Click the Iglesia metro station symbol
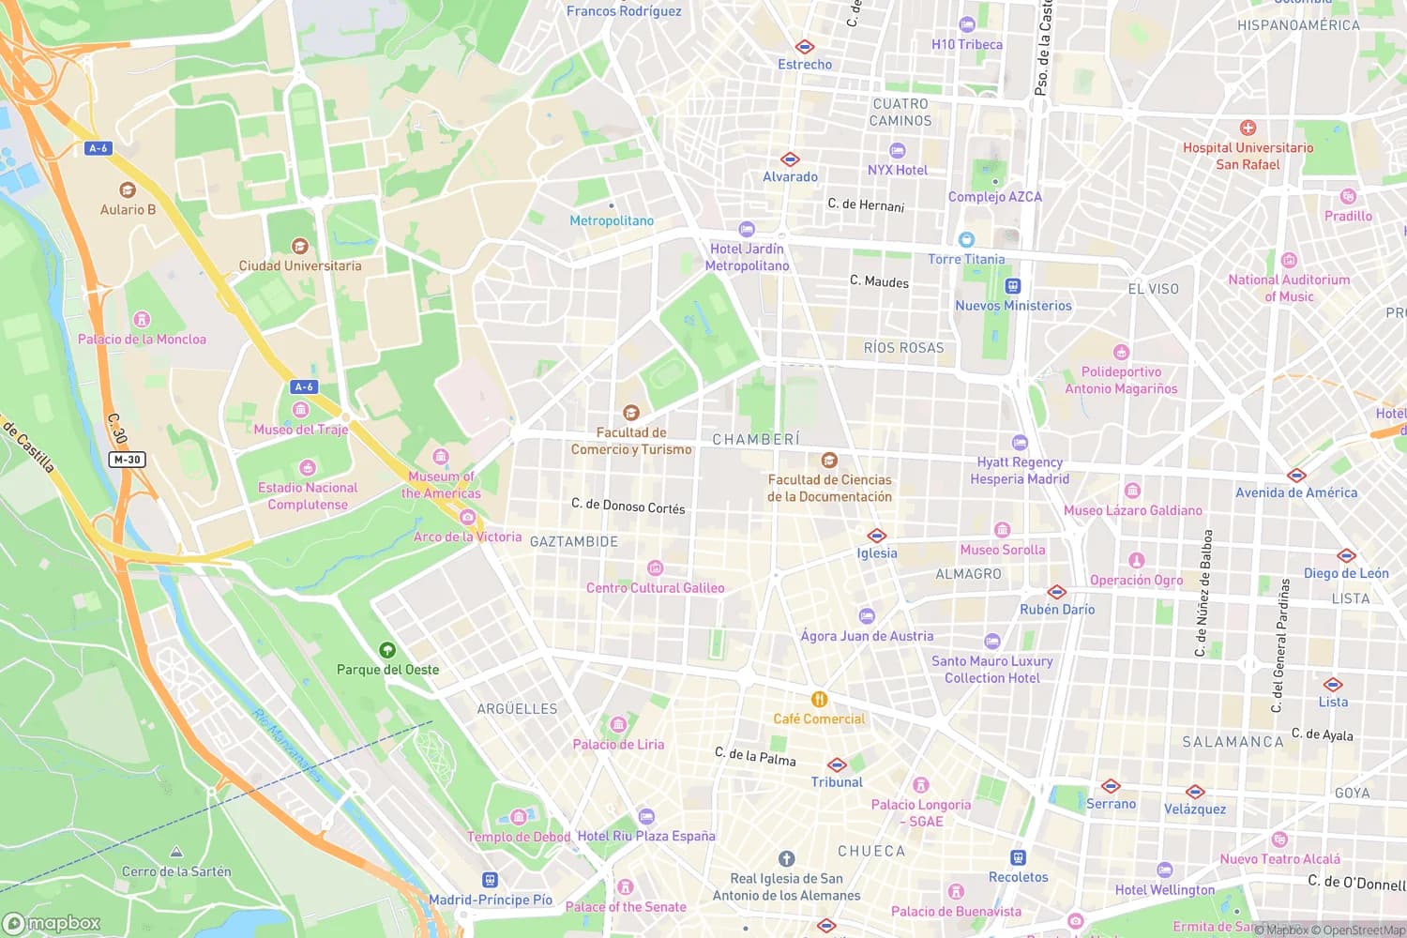tap(877, 536)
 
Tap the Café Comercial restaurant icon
tap(819, 700)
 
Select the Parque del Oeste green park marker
tap(387, 650)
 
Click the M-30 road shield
tap(127, 460)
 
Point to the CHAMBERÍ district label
tap(756, 439)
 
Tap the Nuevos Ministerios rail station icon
tap(1013, 286)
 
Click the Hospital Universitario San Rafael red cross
tap(1248, 128)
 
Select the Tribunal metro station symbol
tap(837, 764)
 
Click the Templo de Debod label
tap(519, 837)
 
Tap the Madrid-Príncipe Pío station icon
tap(490, 880)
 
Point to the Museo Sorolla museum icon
tap(1002, 530)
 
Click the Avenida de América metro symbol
tap(1296, 475)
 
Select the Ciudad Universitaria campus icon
tap(300, 247)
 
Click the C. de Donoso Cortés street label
tap(628, 506)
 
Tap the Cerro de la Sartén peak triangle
tap(176, 852)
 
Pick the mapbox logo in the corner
tap(52, 923)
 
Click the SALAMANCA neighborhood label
tap(1233, 742)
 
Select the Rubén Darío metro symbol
tap(1057, 592)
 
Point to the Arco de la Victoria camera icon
tap(467, 517)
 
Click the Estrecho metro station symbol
tap(805, 46)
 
